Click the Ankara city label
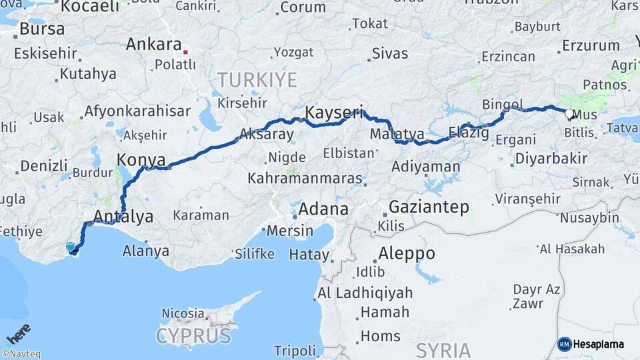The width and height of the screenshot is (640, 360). [x=153, y=45]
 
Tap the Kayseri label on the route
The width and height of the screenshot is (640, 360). [x=335, y=112]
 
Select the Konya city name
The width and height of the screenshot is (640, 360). [x=141, y=160]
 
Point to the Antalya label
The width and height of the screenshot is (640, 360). [x=123, y=216]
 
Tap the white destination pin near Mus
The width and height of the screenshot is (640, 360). [x=569, y=114]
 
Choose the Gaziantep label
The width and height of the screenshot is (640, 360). [x=428, y=207]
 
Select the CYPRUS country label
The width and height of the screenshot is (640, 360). [x=193, y=335]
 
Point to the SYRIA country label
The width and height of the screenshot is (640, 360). [x=443, y=349]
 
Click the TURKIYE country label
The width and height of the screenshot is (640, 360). [x=257, y=81]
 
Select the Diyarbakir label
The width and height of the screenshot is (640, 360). [x=551, y=159]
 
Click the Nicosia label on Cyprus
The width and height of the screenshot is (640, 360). [x=183, y=313]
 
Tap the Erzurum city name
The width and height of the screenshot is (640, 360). [x=591, y=46]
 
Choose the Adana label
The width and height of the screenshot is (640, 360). [x=323, y=209]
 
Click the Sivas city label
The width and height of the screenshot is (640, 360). [x=390, y=53]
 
